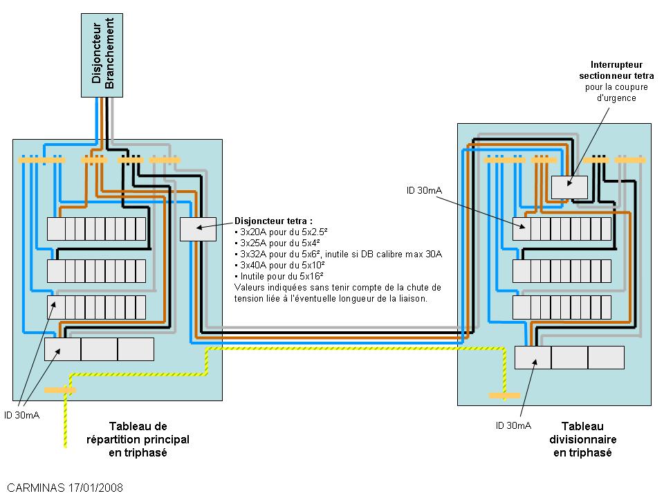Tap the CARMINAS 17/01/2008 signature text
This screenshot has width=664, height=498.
click(65, 487)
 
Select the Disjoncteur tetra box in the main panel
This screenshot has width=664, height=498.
click(198, 229)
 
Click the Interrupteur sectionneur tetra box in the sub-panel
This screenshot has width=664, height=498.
click(569, 187)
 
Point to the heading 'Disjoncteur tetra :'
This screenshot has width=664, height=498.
click(273, 220)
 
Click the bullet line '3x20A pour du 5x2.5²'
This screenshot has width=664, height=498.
click(281, 232)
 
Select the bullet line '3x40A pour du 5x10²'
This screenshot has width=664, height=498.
click(281, 265)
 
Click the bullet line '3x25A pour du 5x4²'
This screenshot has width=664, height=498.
click(277, 243)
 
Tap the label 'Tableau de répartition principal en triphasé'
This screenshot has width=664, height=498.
click(138, 439)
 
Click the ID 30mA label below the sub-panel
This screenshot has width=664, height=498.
click(513, 425)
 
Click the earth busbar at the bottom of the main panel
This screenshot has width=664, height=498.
click(60, 390)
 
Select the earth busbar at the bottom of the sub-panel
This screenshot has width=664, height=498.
click(504, 396)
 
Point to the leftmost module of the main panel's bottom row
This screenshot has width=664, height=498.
click(62, 349)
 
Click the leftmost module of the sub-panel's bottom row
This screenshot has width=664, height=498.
click(533, 358)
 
